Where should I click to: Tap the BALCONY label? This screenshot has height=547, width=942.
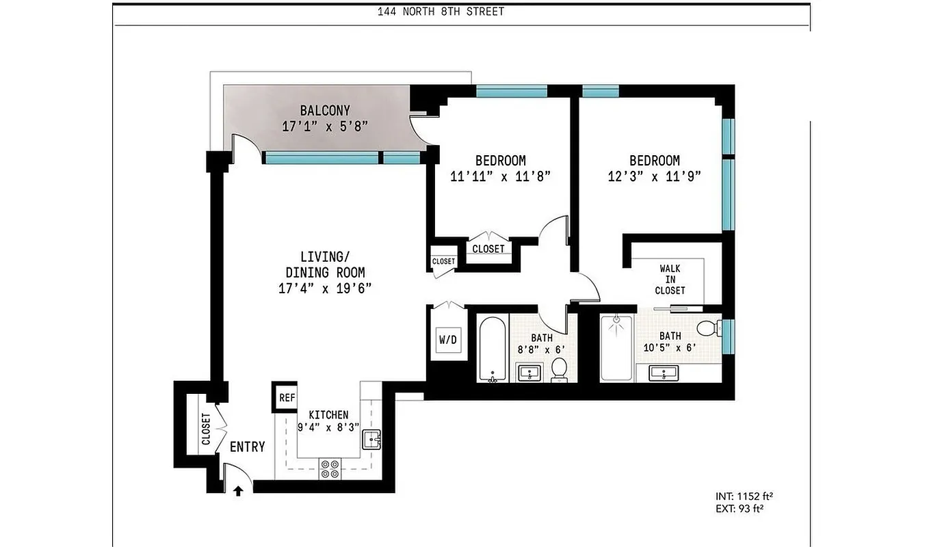click(x=325, y=110)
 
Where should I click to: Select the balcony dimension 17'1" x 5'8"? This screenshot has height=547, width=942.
click(x=325, y=126)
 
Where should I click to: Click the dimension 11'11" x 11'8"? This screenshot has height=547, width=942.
click(x=500, y=176)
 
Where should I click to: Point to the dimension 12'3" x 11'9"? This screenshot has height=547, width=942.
click(x=654, y=176)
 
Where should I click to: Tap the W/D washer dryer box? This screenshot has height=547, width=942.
click(x=448, y=339)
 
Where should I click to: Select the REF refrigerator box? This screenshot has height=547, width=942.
click(x=286, y=397)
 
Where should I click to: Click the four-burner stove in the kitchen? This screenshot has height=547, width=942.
click(x=330, y=468)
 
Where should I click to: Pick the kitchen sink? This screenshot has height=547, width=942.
click(x=371, y=439)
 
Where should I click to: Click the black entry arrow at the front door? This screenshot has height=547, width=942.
click(x=238, y=490)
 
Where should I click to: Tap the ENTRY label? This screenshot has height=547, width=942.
click(x=247, y=447)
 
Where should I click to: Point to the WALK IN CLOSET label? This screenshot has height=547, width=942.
click(x=670, y=280)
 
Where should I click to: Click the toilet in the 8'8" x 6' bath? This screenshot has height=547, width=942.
click(x=560, y=369)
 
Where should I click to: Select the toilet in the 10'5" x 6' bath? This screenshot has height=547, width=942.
click(x=709, y=329)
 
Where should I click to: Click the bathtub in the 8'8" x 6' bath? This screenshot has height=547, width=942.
click(x=491, y=349)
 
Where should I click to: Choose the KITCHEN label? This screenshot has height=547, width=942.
click(x=328, y=415)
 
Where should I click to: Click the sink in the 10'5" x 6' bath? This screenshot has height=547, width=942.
click(x=662, y=373)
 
